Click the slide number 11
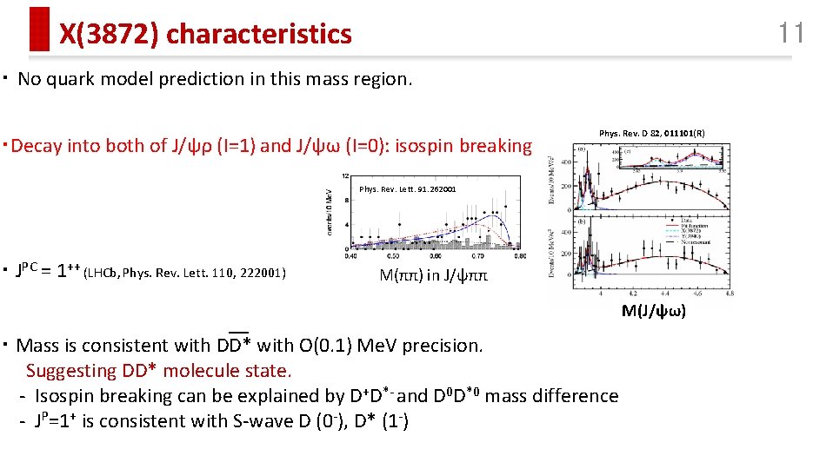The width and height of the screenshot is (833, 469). point(790,34)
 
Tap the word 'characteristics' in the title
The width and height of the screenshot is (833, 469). point(258,35)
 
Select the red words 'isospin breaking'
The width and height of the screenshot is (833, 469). point(463,146)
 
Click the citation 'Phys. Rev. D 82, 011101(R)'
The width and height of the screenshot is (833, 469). point(652,133)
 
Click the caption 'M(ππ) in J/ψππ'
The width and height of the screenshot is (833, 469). point(433,276)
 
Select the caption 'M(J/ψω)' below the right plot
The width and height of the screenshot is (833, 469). point(653,311)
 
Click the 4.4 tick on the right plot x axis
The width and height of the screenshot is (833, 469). point(636,294)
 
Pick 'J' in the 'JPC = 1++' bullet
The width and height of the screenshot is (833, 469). point(19,271)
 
